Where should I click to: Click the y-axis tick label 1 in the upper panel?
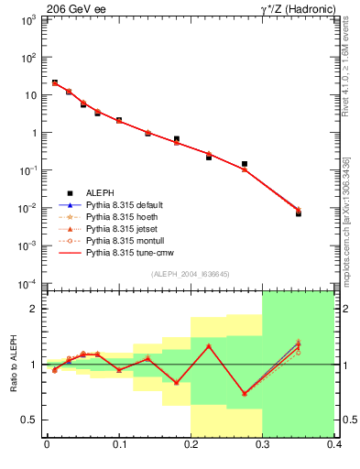33,133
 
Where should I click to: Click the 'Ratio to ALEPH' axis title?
14,364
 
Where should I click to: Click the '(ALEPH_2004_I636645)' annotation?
190,274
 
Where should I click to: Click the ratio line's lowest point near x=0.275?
245,394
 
